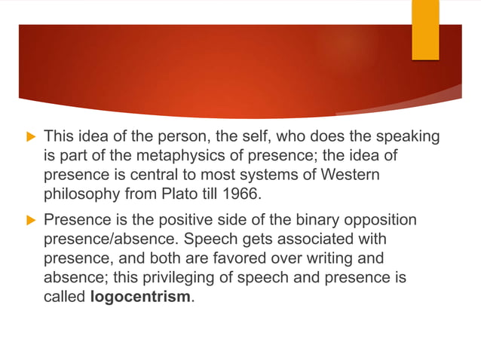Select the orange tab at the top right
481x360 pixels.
click(424, 29)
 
